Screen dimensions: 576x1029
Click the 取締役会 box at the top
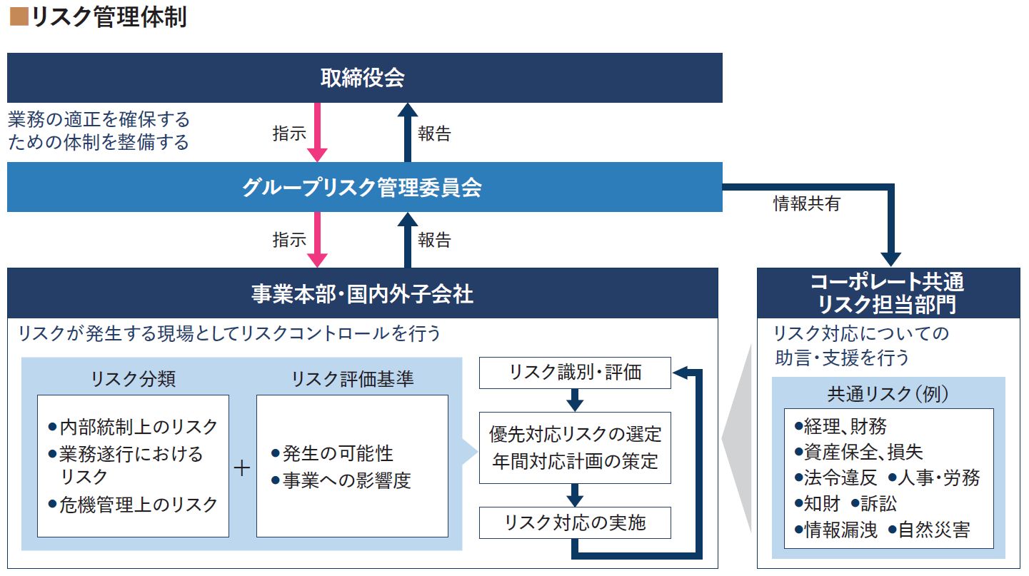tap(364, 78)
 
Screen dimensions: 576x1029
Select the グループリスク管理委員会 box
tap(364, 187)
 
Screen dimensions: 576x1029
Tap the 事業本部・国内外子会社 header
tap(362, 293)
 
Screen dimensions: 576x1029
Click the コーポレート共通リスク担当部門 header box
tap(889, 293)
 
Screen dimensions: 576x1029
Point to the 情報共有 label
tap(807, 203)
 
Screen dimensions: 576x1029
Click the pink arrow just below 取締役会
tap(316, 132)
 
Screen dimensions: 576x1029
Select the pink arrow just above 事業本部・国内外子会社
tap(316, 240)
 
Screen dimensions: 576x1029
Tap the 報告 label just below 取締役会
tap(434, 133)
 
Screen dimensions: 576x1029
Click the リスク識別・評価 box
tap(575, 372)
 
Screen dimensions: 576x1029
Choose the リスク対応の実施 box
tap(575, 522)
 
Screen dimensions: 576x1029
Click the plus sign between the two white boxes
tap(243, 468)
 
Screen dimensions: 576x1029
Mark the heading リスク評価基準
tap(352, 379)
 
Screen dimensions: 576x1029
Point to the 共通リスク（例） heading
tap(888, 393)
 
